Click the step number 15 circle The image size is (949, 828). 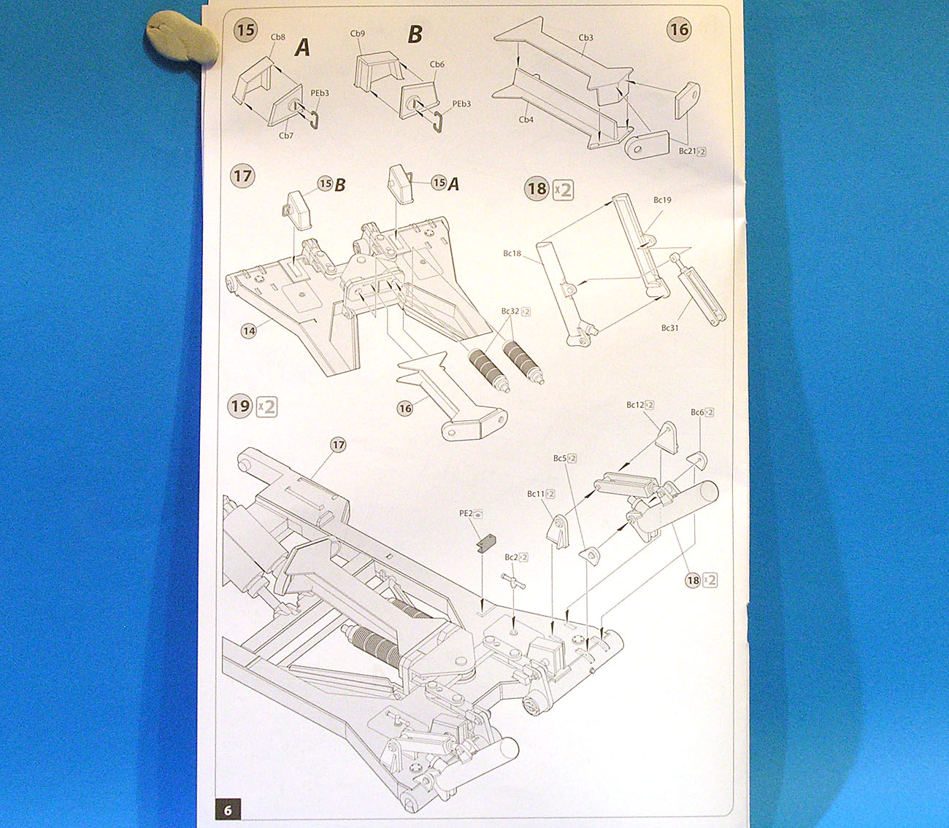pyautogui.click(x=246, y=30)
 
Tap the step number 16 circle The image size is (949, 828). pyautogui.click(x=679, y=29)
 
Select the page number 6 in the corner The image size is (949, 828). pyautogui.click(x=228, y=810)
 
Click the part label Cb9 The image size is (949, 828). pyautogui.click(x=358, y=34)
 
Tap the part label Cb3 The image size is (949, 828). pyautogui.click(x=585, y=38)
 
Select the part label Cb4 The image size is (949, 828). pyautogui.click(x=526, y=119)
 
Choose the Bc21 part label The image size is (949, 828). pyautogui.click(x=688, y=151)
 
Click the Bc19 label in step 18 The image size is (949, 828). pyautogui.click(x=662, y=200)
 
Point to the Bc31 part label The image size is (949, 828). pyautogui.click(x=669, y=328)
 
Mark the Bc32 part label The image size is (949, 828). pyautogui.click(x=510, y=312)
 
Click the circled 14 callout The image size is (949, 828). pyautogui.click(x=249, y=331)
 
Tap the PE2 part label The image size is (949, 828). pyautogui.click(x=466, y=514)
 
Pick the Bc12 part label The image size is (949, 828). pyautogui.click(x=635, y=405)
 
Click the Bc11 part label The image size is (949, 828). pyautogui.click(x=536, y=494)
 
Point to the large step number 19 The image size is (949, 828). pyautogui.click(x=240, y=406)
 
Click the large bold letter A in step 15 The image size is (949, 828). pyautogui.click(x=302, y=48)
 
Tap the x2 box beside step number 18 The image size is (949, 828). pyautogui.click(x=563, y=190)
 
